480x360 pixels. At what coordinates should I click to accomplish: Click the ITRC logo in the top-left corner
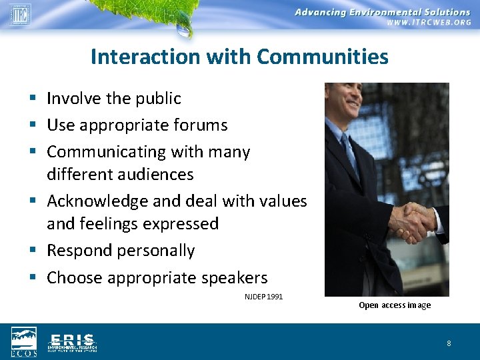(20, 14)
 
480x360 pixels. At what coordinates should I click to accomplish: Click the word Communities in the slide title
(322, 57)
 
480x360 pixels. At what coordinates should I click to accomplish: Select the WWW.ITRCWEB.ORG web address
(429, 23)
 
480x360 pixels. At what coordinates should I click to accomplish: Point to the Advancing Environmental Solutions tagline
(383, 12)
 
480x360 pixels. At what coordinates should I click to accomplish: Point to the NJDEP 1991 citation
(263, 296)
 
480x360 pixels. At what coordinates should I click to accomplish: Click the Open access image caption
(395, 305)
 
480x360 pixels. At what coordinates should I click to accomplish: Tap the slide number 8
(449, 343)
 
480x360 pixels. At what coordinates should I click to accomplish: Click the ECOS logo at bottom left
(24, 341)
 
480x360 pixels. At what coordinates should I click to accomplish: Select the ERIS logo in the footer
(72, 341)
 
